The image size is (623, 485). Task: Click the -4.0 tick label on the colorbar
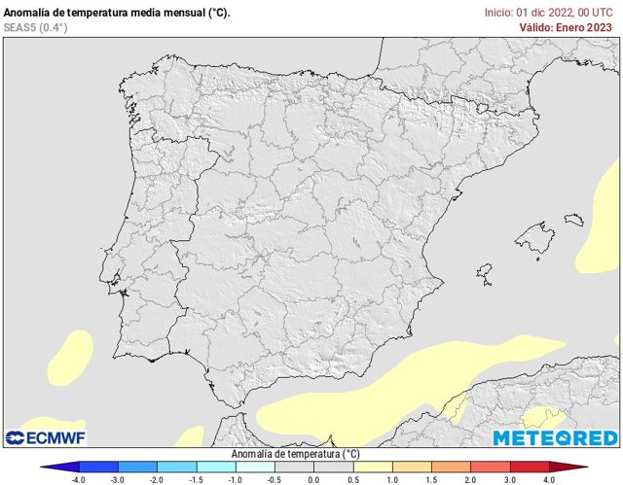coord(79,479)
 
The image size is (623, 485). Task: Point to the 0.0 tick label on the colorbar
coord(313,479)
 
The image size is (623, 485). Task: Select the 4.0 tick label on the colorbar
coord(548,479)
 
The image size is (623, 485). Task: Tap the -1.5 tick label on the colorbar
coord(197,479)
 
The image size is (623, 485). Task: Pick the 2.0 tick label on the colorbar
coord(470,479)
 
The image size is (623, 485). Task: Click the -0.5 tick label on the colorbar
coord(275,479)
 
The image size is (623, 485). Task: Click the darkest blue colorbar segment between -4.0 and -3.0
coord(98,467)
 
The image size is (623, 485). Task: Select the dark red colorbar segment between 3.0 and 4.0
coord(529,467)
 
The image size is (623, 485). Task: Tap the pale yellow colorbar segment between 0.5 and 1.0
coord(372,467)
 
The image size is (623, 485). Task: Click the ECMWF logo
coord(47,437)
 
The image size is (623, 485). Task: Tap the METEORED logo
coord(555,437)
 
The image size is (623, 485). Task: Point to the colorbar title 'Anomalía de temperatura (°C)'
coord(295,454)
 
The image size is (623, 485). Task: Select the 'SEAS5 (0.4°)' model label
coord(36,27)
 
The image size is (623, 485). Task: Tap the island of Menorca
coord(573,220)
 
